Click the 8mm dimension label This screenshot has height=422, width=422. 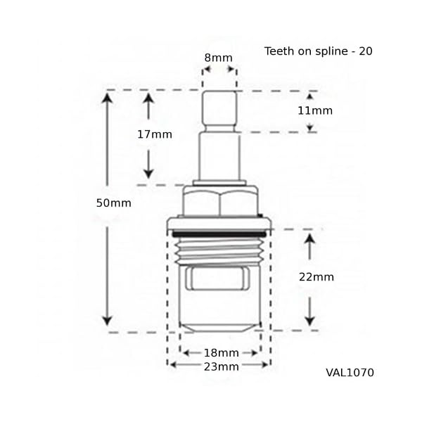tap(218, 58)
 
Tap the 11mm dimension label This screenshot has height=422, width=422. tap(315, 110)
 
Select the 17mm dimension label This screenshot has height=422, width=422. tap(155, 134)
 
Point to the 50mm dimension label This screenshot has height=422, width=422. tap(114, 203)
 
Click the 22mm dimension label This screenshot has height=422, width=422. tap(316, 277)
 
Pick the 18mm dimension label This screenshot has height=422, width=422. tap(222, 353)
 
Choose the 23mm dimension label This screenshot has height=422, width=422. tap(222, 367)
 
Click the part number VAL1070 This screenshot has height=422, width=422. tap(350, 373)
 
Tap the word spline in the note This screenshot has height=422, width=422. tap(331, 51)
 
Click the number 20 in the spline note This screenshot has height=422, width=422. tap(366, 51)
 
